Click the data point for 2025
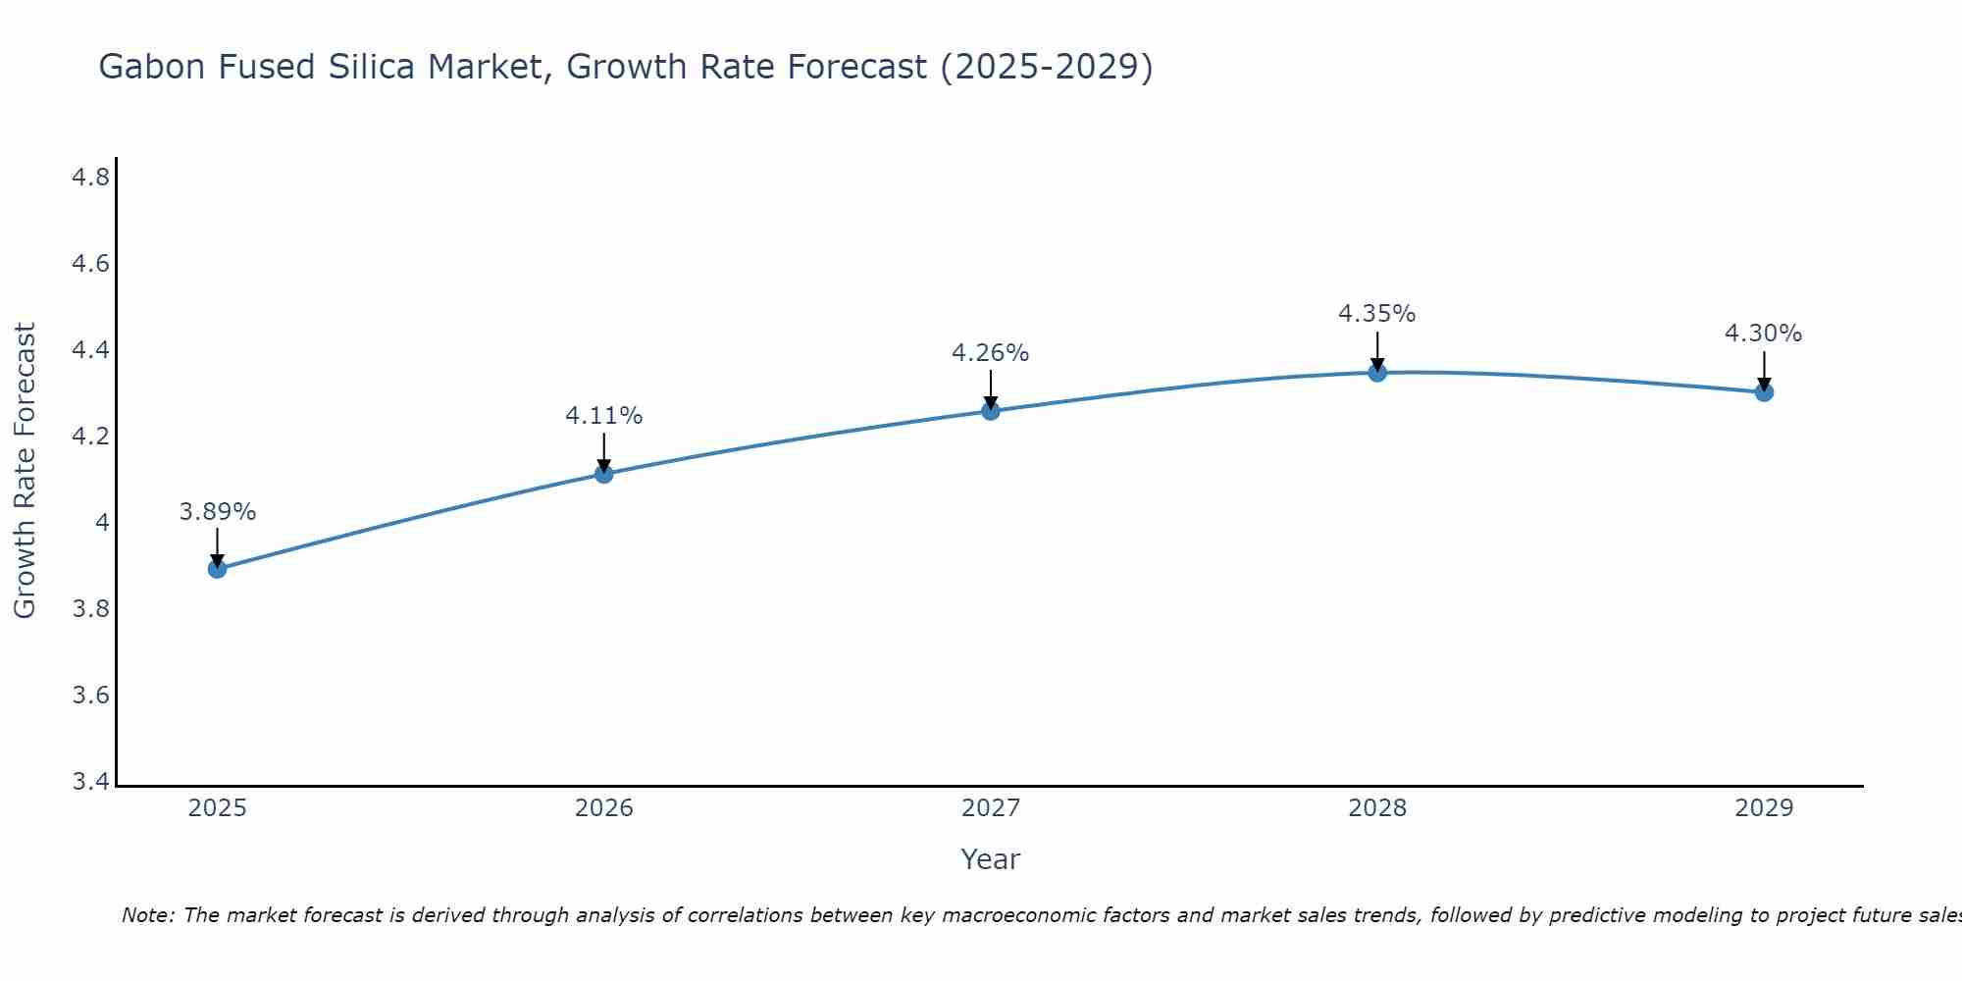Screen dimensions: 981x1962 [x=217, y=569]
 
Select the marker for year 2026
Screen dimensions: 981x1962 [x=603, y=474]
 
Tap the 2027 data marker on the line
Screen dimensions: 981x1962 [x=991, y=410]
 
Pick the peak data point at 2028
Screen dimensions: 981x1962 [x=1377, y=372]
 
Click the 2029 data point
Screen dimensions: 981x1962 [x=1764, y=392]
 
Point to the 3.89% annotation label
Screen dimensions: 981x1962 [x=217, y=512]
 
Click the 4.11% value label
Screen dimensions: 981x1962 [x=603, y=416]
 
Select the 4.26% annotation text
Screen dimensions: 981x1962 [x=991, y=353]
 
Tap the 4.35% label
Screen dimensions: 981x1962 [x=1377, y=314]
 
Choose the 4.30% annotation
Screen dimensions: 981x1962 [x=1763, y=334]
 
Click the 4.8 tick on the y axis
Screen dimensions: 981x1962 [x=90, y=178]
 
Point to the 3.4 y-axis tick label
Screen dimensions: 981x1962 [x=90, y=782]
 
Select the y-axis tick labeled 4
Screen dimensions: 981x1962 [x=102, y=523]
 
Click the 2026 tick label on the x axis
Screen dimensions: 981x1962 [x=603, y=808]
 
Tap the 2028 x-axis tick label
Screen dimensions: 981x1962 [x=1377, y=808]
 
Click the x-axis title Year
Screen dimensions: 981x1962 [x=990, y=859]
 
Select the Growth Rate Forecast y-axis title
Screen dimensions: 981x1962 [x=25, y=471]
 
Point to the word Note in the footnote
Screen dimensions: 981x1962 [x=147, y=915]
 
